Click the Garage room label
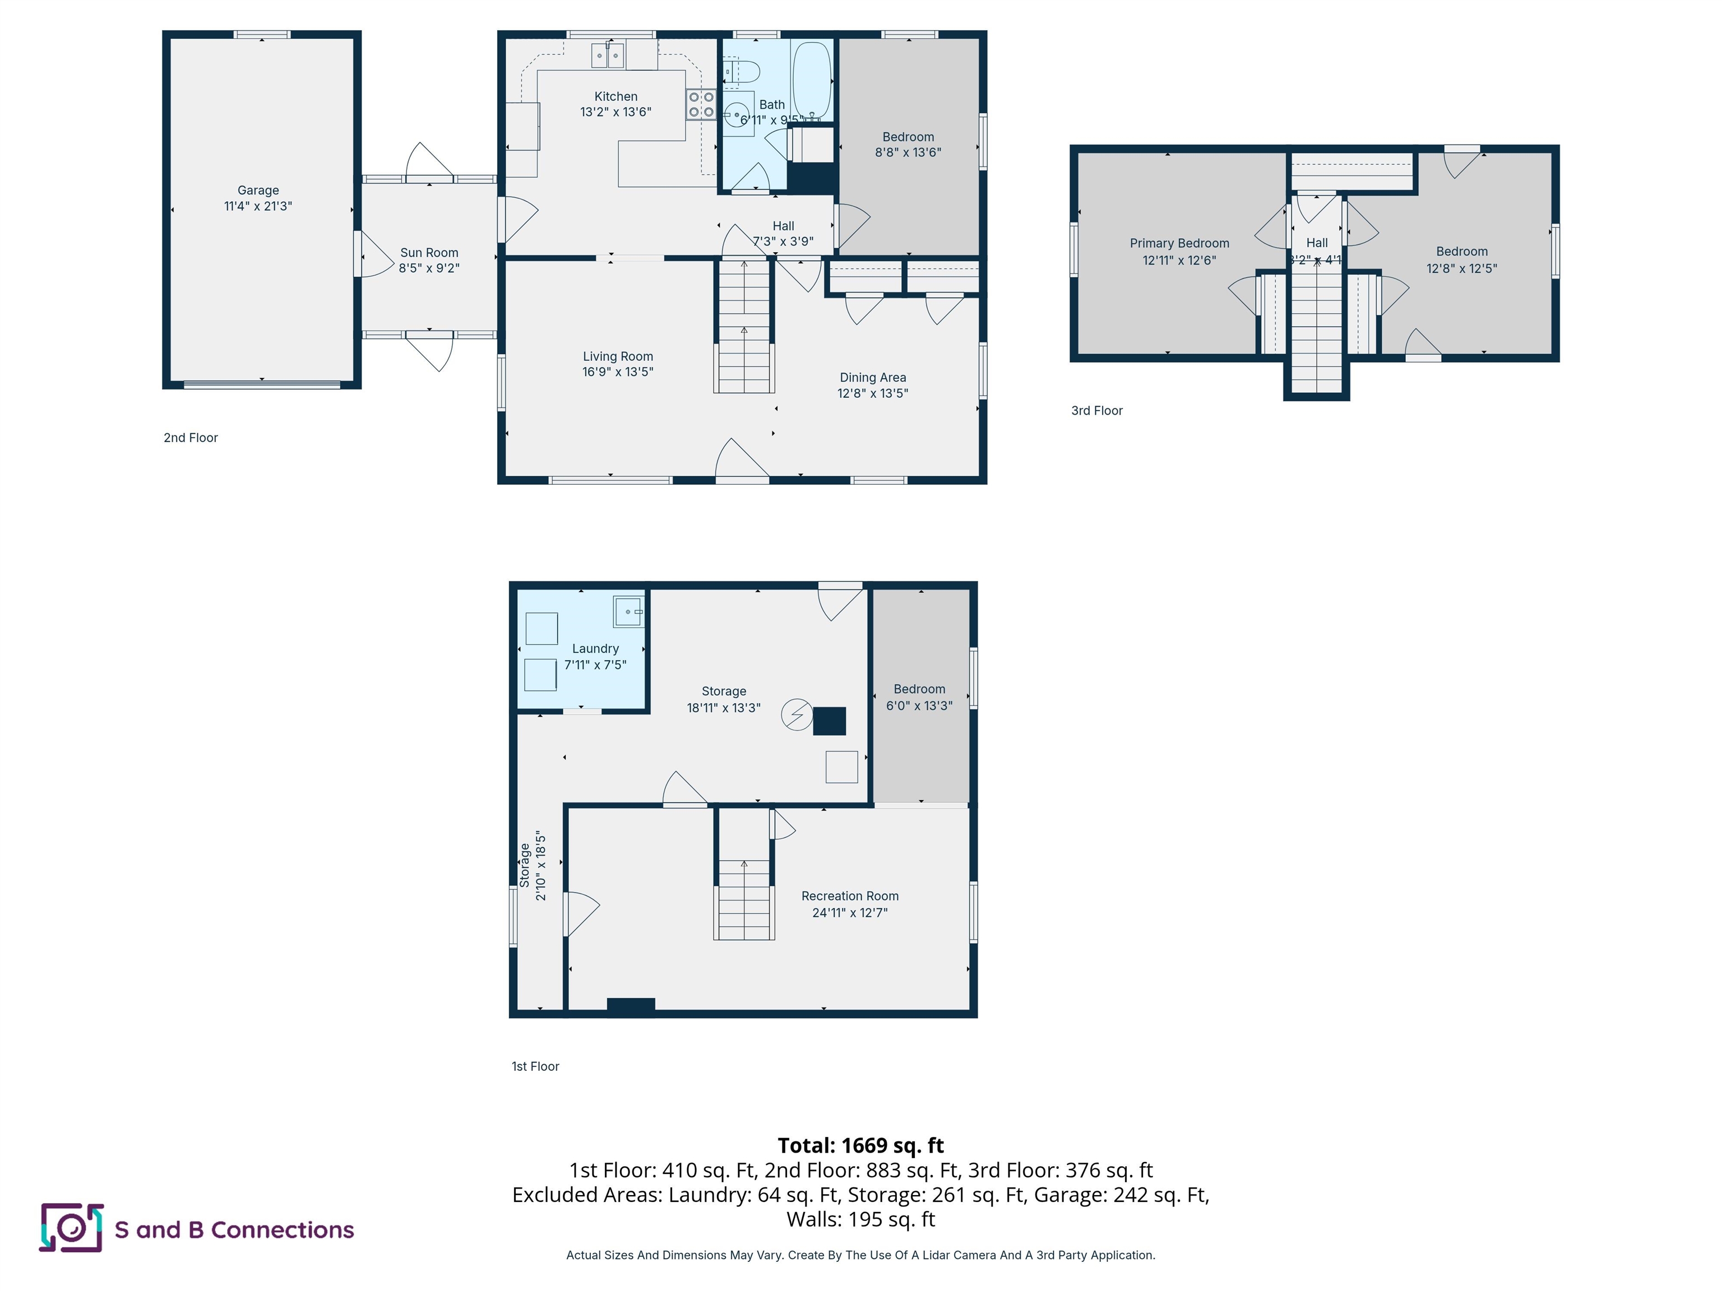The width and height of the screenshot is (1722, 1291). (258, 190)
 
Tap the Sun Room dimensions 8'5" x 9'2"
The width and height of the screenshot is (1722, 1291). (429, 268)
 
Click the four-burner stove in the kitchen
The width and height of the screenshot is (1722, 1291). (701, 105)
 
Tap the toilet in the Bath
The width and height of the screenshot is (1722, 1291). (742, 72)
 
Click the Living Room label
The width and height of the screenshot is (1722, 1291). (617, 356)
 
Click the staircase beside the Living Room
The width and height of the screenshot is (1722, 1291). (744, 327)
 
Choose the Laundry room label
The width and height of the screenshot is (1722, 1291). (595, 649)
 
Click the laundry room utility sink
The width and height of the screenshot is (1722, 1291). (627, 612)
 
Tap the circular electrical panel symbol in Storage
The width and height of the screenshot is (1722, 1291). (797, 714)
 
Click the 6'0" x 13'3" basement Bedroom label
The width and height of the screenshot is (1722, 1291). (919, 697)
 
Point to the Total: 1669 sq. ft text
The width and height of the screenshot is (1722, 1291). (860, 1145)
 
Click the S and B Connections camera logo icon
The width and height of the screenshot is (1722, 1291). (71, 1228)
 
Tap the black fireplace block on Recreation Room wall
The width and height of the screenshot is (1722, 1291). (631, 1005)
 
